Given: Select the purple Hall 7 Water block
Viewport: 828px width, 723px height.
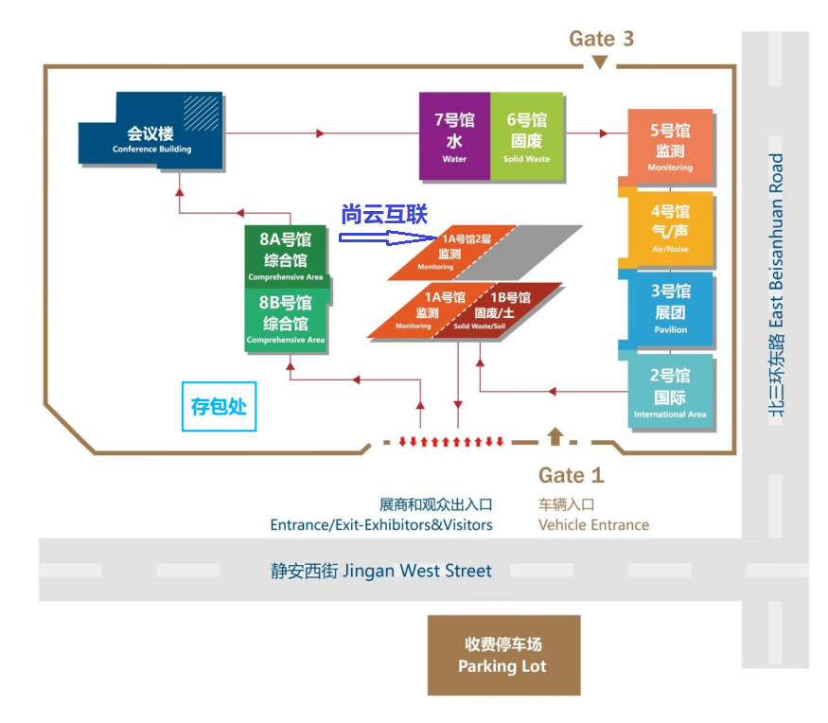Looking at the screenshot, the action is [x=454, y=136].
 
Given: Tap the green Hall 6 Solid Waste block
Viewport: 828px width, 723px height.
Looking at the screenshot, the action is [x=527, y=136].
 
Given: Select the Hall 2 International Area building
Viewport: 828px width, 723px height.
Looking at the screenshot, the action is [x=670, y=393].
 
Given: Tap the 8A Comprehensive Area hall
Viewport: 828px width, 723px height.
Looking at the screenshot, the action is [x=286, y=257].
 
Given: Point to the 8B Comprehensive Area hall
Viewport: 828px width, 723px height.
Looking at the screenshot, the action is [x=286, y=321].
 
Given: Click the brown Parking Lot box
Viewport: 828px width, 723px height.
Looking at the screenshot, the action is [x=503, y=655].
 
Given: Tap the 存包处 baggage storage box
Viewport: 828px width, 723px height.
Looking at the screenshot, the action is [x=220, y=406].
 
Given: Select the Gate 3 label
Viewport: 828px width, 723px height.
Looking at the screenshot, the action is [x=601, y=39].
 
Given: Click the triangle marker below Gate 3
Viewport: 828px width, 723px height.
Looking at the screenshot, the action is [x=600, y=62].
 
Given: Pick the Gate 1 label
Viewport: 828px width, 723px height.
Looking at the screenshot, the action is [x=571, y=475].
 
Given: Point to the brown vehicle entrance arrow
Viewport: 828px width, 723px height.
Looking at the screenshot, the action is [x=555, y=436].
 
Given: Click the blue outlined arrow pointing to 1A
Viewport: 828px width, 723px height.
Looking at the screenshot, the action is [x=388, y=238].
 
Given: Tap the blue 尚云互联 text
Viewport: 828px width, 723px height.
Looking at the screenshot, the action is [x=384, y=214].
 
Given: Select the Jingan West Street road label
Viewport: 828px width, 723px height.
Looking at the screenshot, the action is [x=380, y=571].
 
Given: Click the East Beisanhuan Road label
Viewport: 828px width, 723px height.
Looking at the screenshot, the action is [x=776, y=285].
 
